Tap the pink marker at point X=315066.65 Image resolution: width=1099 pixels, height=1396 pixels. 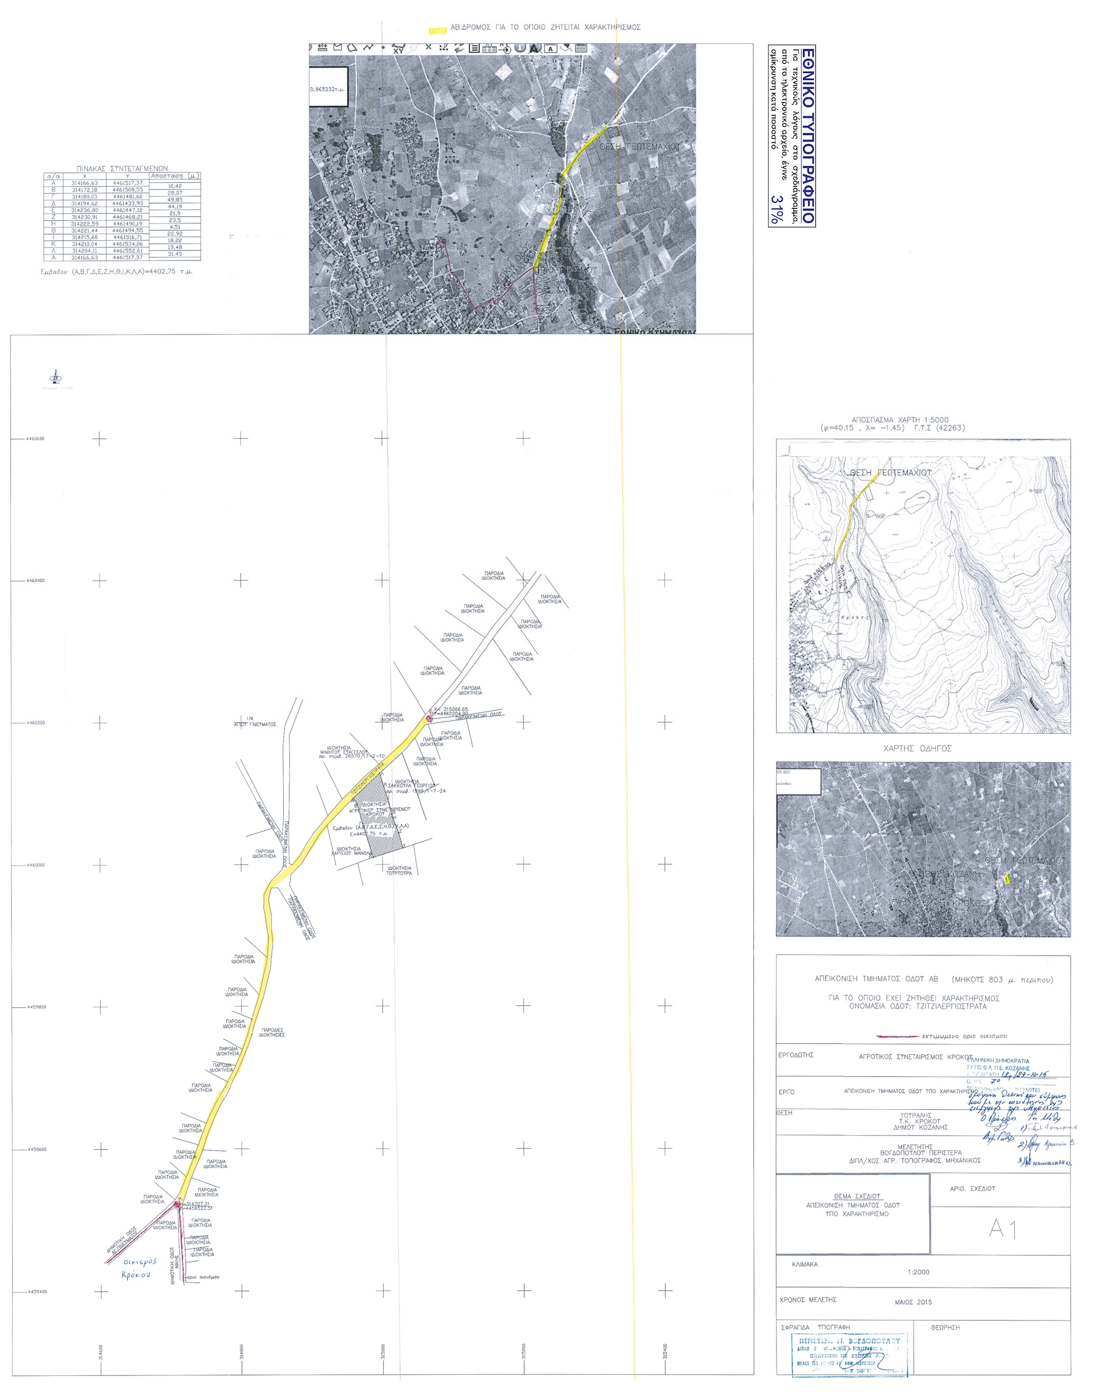(x=428, y=719)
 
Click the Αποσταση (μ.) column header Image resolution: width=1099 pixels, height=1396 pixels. (x=174, y=176)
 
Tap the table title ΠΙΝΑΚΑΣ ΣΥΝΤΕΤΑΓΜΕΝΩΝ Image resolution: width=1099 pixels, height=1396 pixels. (x=122, y=168)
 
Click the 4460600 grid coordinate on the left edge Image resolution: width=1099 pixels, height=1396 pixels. (x=35, y=439)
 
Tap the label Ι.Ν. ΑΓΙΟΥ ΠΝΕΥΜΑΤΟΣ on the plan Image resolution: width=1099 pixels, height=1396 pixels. (x=255, y=722)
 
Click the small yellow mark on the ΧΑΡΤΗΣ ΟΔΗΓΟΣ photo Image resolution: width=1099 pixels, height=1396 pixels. (x=1007, y=878)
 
